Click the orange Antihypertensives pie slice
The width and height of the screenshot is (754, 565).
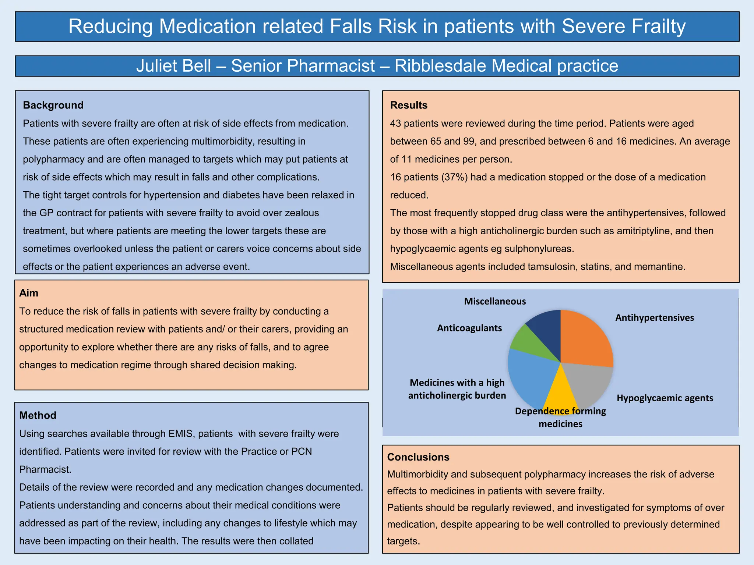point(585,340)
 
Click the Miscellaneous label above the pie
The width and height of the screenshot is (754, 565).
point(495,301)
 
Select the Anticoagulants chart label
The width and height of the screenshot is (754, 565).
point(469,328)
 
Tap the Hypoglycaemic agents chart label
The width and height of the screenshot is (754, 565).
point(665,398)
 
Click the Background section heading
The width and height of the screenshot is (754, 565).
point(53,105)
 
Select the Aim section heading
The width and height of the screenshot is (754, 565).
point(29,293)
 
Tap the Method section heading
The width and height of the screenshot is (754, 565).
point(38,415)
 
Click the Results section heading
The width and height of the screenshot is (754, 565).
point(409,105)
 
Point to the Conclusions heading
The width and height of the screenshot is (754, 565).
point(418,457)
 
